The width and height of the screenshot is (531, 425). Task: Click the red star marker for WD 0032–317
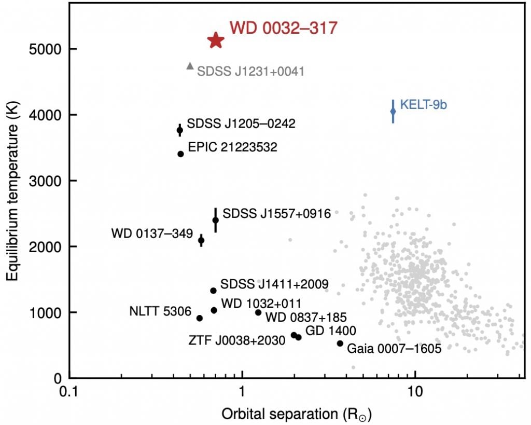pyautogui.click(x=216, y=40)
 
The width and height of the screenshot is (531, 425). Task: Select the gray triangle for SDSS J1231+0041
pyautogui.click(x=190, y=66)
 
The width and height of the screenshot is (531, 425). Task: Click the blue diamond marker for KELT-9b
pyautogui.click(x=393, y=111)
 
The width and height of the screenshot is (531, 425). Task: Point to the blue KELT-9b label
pyautogui.click(x=424, y=105)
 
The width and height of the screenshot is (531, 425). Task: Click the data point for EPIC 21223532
pyautogui.click(x=180, y=154)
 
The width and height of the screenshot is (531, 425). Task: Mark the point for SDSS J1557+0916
pyautogui.click(x=216, y=220)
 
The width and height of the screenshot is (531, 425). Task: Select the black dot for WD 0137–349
pyautogui.click(x=201, y=240)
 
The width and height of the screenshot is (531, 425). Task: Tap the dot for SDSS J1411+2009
pyautogui.click(x=213, y=291)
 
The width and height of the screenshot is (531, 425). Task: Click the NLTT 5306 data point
pyautogui.click(x=200, y=318)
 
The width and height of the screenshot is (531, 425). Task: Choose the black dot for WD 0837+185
pyautogui.click(x=258, y=312)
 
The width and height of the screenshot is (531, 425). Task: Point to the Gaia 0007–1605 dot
pyautogui.click(x=340, y=343)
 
